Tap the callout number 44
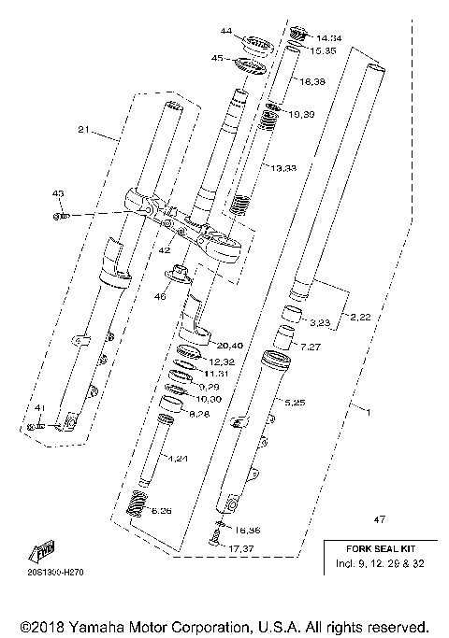[225, 32]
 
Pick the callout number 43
[57, 193]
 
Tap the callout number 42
[165, 250]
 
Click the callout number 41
[38, 408]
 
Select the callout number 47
[379, 518]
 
